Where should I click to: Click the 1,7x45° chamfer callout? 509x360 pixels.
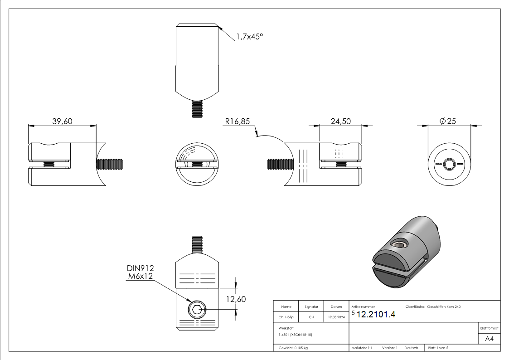(249, 37)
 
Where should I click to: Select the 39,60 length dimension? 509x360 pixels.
(63, 121)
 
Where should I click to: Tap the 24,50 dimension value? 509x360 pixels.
(340, 121)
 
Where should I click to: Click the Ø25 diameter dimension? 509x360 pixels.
(448, 121)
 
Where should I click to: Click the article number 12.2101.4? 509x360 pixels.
(376, 315)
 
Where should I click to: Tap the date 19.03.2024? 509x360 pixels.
(336, 317)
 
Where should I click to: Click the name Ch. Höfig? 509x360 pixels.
(286, 317)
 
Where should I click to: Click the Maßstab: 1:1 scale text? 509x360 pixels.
(362, 348)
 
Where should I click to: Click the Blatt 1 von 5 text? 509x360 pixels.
(438, 348)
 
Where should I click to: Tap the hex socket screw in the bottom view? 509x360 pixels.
(197, 311)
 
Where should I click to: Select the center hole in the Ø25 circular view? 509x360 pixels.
(449, 164)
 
